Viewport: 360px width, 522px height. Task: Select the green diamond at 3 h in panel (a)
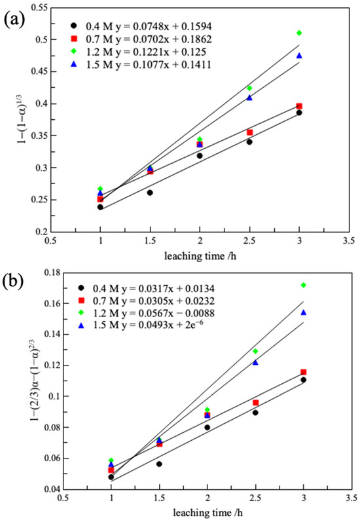[x=299, y=33]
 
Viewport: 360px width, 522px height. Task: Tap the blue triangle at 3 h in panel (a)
[x=299, y=56]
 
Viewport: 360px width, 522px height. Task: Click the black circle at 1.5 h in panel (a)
[x=150, y=193]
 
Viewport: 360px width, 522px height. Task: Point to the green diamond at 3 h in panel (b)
[x=303, y=285]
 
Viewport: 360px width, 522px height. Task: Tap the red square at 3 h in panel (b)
[x=303, y=372]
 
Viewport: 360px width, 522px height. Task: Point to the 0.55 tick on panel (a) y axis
[x=41, y=8]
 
